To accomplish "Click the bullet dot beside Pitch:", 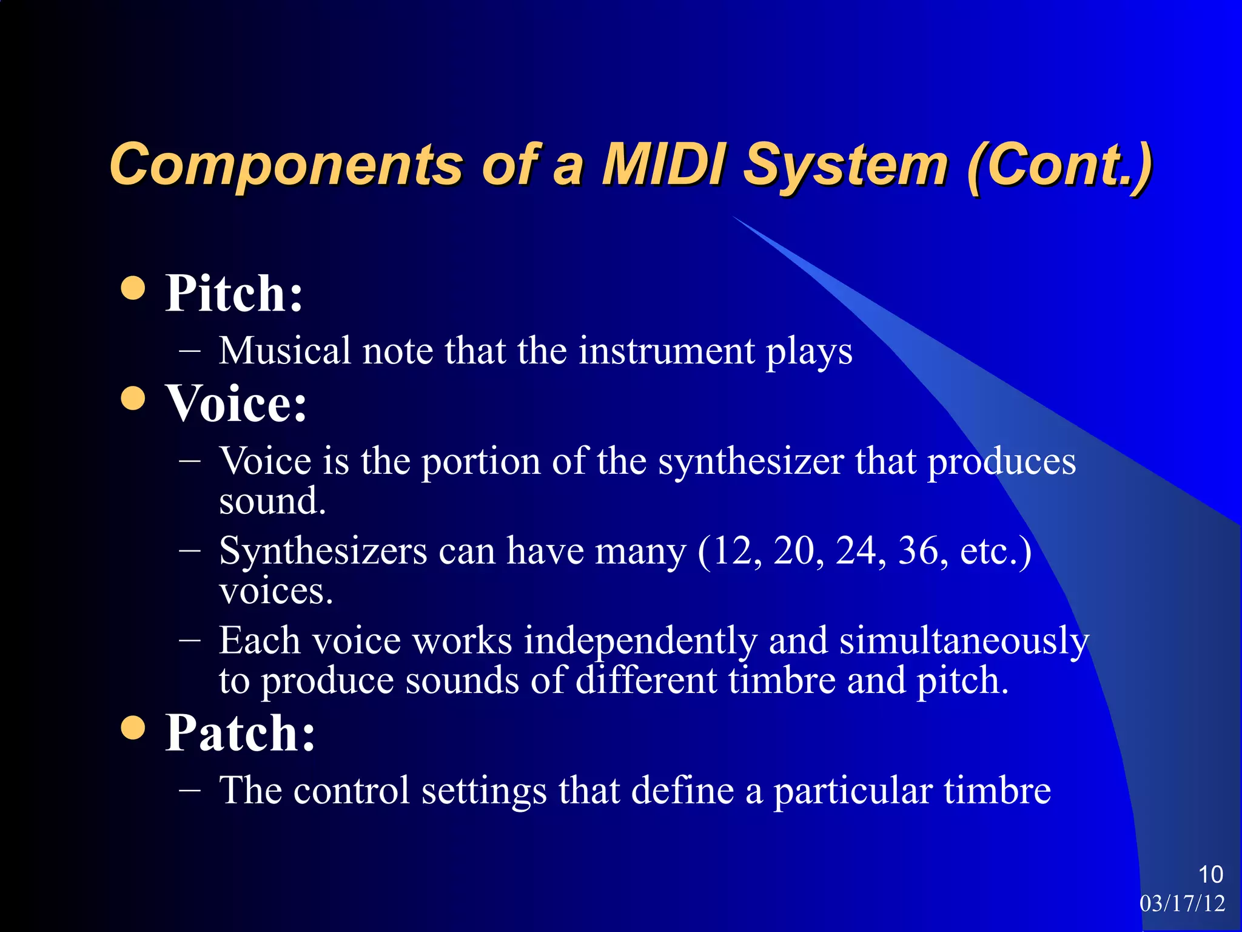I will pyautogui.click(x=133, y=288).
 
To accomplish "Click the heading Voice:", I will pyautogui.click(x=237, y=403).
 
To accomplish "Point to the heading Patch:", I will pyautogui.click(x=240, y=732).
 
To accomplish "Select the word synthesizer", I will pyautogui.click(x=751, y=462).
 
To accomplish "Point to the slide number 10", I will pyautogui.click(x=1210, y=874).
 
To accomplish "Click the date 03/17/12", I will pyautogui.click(x=1182, y=903).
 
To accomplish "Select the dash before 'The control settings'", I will pyautogui.click(x=190, y=790).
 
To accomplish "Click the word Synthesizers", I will pyautogui.click(x=323, y=551).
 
